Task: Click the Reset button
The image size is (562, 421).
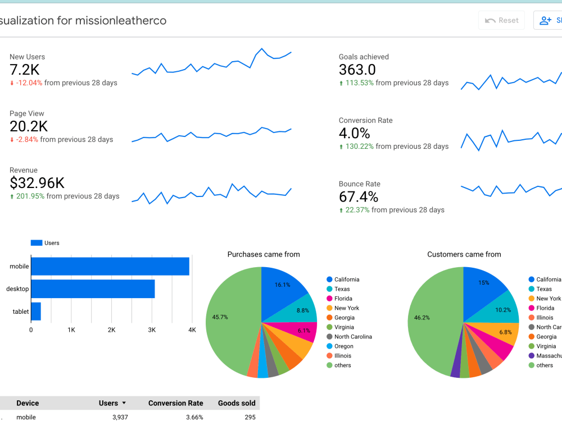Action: pos(502,20)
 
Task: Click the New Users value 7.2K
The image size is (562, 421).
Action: pos(24,70)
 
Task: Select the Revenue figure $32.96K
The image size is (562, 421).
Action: pos(37,183)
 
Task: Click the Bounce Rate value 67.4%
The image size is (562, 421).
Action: pos(358,197)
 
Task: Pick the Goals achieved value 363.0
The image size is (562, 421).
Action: pos(357,70)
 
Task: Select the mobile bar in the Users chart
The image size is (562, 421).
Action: pos(110,266)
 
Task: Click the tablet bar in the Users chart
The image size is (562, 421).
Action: pos(36,311)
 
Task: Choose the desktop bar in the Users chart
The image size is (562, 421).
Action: pos(93,289)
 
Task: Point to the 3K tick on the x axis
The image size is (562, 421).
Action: pos(151,330)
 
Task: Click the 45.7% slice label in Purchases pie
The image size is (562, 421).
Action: pos(220,317)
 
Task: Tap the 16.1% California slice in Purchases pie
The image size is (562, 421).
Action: pos(282,285)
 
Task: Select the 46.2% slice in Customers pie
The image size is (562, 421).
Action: pos(422,318)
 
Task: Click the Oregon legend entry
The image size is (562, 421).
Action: pos(343,346)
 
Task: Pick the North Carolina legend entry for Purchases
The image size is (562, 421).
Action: pos(352,337)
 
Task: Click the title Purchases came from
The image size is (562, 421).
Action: pos(264,254)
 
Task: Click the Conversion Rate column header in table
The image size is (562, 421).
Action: pos(175,403)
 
